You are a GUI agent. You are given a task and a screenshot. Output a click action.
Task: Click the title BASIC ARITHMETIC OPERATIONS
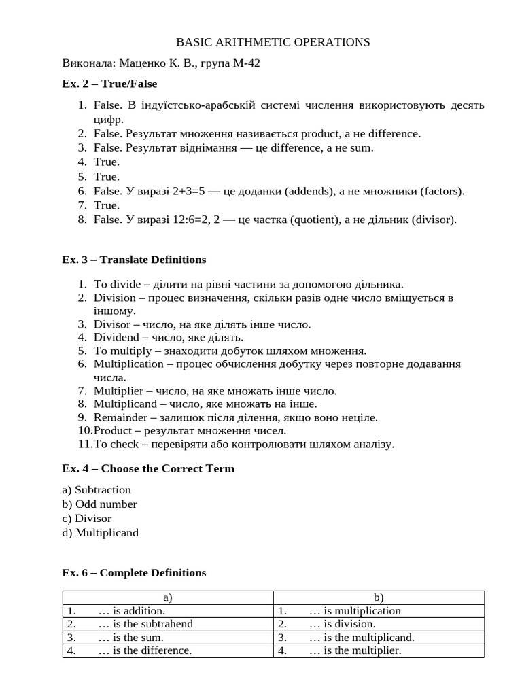pos(273,42)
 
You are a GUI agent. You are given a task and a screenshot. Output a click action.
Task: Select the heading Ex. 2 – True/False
pos(109,84)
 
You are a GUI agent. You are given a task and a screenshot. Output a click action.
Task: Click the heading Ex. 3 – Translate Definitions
pos(134,260)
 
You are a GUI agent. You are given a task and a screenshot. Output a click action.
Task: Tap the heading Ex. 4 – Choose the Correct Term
pos(148,469)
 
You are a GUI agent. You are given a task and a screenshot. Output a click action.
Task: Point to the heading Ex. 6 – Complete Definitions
pos(134,573)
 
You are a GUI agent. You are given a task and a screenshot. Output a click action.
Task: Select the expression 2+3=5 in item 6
pos(183,191)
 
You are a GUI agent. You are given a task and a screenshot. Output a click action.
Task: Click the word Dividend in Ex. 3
pos(116,337)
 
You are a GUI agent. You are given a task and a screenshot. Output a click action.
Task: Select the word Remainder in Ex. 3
pos(120,417)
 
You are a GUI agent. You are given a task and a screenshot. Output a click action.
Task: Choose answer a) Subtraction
pos(97,490)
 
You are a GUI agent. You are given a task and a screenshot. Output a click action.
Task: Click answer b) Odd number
pos(99,504)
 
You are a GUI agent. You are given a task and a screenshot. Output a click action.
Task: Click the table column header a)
pos(168,597)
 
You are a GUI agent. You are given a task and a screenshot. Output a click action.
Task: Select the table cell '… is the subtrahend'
pos(145,624)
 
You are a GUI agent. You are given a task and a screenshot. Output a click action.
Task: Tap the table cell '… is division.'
pos(342,624)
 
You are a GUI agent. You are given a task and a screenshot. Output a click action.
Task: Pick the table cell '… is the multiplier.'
pos(355,650)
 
